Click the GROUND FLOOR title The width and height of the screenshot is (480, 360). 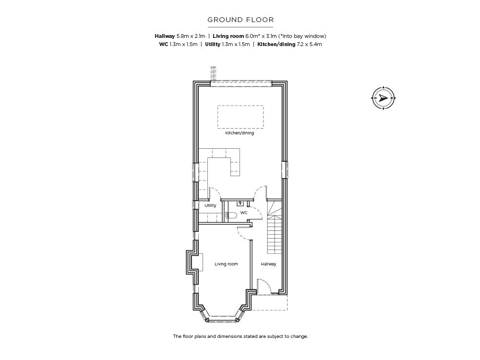point(240,20)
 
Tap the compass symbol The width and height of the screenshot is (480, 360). point(383,98)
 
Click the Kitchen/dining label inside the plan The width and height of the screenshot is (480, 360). point(240,133)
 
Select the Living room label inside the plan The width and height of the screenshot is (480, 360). point(226,264)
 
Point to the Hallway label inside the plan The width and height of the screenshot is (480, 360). point(268,264)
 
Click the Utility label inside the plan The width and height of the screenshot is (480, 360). point(210,205)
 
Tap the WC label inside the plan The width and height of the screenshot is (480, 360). point(244,213)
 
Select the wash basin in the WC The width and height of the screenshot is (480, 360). point(240,203)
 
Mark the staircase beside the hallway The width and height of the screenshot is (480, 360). point(275,227)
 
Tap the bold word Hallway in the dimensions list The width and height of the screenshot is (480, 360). point(165,36)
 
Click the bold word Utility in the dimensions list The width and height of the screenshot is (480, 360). point(213,44)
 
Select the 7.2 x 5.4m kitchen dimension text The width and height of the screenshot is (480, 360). point(309,44)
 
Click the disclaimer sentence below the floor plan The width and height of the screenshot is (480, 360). point(240,336)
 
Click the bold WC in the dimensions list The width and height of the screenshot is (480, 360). point(164,44)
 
